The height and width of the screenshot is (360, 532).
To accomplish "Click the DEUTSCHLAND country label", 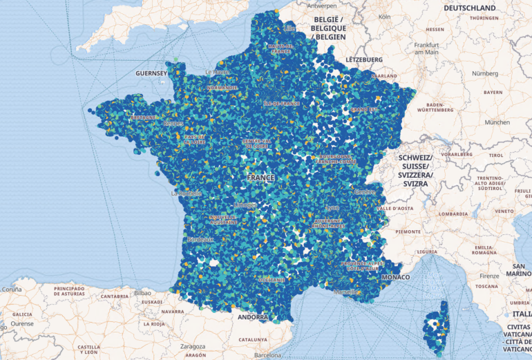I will pos(470,8).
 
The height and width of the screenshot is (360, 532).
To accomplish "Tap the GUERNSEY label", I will pos(151,73).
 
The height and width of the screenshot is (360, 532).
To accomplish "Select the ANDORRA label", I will pos(252,317).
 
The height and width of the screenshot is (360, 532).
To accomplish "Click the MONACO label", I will pos(395,277).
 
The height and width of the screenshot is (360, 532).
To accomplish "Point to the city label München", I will pos(497,122).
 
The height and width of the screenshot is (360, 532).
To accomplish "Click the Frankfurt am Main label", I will pos(427,48).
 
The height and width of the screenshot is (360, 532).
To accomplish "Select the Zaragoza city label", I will pos(193,346).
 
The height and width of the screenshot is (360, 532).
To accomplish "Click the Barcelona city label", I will pos(267,355).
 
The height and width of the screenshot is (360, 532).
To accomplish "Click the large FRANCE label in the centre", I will pos(260,178).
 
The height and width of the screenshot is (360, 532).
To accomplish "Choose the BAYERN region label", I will pos(493,92).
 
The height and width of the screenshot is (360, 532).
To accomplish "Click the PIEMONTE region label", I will pos(408,231).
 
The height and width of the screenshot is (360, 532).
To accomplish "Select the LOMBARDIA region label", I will pos(452,214).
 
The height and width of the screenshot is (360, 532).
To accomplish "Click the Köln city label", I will pos(385,16).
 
